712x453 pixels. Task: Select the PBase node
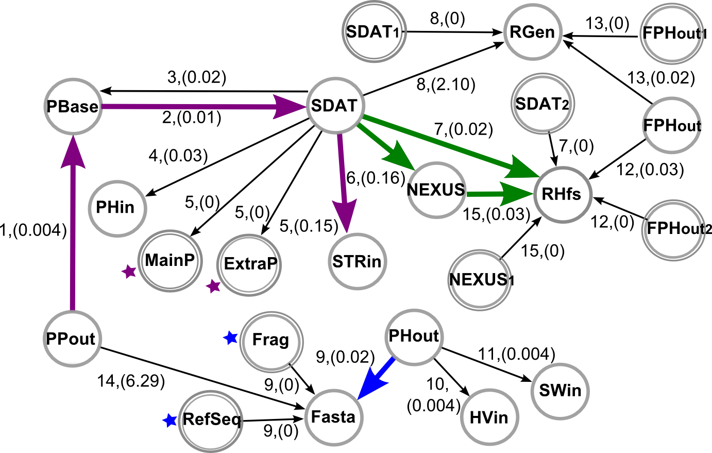pos(73,106)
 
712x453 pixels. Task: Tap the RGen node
pos(532,32)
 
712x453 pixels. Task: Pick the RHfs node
pos(562,195)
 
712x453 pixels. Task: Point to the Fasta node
pos(334,417)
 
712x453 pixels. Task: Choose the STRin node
pos(357,262)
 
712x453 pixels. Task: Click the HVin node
pos(489,417)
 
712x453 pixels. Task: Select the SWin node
pos(560,390)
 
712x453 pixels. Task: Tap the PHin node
pos(117,208)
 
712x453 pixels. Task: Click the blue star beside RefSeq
pos(169,421)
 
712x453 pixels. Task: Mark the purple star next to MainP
pos(129,272)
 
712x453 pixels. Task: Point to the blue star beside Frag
pos(230,338)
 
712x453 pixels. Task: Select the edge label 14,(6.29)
pos(131,381)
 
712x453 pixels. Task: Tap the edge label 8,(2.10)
pos(446,85)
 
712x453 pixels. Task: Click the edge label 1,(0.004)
pos(33,230)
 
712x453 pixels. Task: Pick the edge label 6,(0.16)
pos(376,178)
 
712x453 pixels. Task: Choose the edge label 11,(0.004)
pos(517,354)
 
